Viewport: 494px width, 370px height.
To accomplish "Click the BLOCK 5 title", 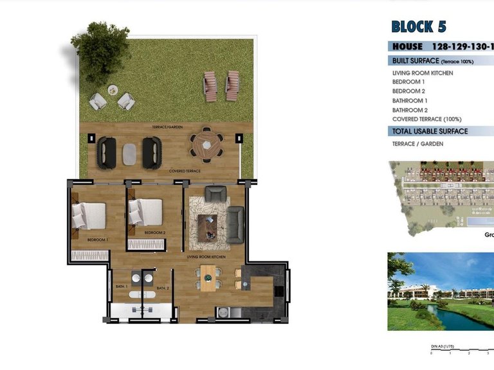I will click(x=418, y=26).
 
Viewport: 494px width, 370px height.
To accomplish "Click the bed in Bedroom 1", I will click(x=90, y=216).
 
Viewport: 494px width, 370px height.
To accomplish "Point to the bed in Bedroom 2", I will click(x=146, y=212).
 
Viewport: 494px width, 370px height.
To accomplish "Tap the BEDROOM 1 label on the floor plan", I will click(x=98, y=240).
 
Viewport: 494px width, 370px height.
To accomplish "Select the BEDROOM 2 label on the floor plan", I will click(x=155, y=232).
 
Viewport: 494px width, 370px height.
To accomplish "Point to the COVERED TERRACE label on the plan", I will click(x=185, y=171).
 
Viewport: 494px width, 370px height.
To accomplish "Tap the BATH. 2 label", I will click(x=163, y=288).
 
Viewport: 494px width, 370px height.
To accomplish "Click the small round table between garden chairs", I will click(x=113, y=90).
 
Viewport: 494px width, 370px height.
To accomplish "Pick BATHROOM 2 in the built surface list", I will click(x=410, y=110).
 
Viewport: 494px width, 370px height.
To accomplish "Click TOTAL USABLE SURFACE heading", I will click(x=430, y=131).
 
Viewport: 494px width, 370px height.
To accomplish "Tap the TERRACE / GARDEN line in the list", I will click(x=418, y=144).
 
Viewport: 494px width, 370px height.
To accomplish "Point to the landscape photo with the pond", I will click(x=441, y=291).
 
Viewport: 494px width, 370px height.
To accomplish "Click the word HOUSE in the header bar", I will click(x=407, y=46).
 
